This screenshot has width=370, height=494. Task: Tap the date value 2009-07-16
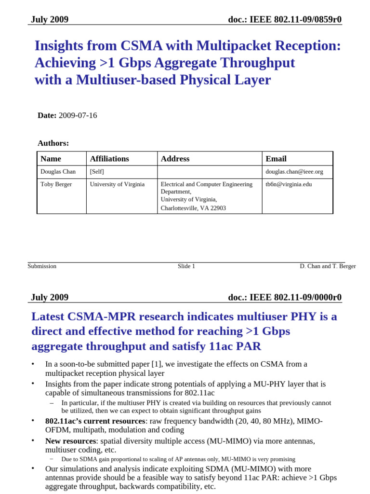click(x=78, y=115)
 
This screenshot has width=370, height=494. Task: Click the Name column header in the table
click(x=51, y=159)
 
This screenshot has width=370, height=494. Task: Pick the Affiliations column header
click(x=109, y=159)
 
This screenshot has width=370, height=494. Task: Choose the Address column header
click(x=175, y=159)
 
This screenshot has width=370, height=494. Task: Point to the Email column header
click(x=276, y=159)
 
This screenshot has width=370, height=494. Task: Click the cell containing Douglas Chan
click(x=58, y=172)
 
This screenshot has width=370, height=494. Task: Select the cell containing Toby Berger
click(x=56, y=184)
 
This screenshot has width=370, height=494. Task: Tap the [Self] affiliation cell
click(x=97, y=172)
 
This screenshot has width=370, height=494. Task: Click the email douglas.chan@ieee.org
click(x=294, y=172)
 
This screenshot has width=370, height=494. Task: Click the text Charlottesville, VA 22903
click(x=193, y=208)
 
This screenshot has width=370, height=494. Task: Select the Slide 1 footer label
click(x=186, y=266)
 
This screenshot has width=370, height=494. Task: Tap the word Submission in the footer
click(x=42, y=266)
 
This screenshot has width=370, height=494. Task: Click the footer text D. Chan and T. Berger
click(x=328, y=266)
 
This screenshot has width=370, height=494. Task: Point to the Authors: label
click(x=53, y=143)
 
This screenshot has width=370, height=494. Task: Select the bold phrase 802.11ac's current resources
click(x=95, y=421)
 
